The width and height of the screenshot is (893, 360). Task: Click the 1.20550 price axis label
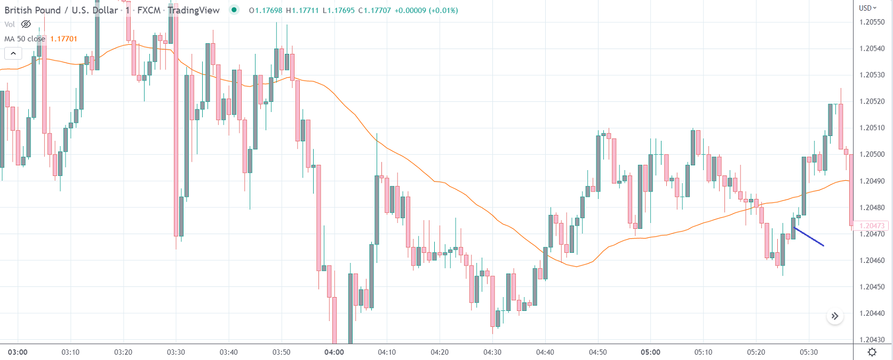[872, 22]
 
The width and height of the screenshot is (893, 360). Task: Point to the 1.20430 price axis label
[872, 340]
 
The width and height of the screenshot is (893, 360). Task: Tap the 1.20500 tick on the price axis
[872, 155]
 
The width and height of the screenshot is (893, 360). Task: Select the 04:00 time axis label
[334, 352]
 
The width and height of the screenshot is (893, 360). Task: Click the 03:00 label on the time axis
[18, 352]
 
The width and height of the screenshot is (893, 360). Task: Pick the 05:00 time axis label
[650, 352]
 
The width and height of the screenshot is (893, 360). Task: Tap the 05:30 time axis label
[809, 352]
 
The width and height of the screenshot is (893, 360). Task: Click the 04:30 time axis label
[492, 352]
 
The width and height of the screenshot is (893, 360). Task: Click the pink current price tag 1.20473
[872, 226]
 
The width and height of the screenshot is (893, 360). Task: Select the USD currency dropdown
[867, 8]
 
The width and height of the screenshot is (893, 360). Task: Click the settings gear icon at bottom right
[872, 352]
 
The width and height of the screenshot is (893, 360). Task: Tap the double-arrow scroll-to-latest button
[835, 316]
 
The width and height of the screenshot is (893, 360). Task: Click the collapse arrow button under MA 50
[13, 53]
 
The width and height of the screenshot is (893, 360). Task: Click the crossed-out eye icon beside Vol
[26, 25]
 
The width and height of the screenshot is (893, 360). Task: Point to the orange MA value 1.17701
[63, 39]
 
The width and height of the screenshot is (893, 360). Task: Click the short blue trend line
[809, 237]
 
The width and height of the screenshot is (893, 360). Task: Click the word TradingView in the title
[193, 10]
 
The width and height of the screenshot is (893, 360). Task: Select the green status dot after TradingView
[234, 10]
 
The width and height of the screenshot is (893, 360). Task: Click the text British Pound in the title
[32, 10]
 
